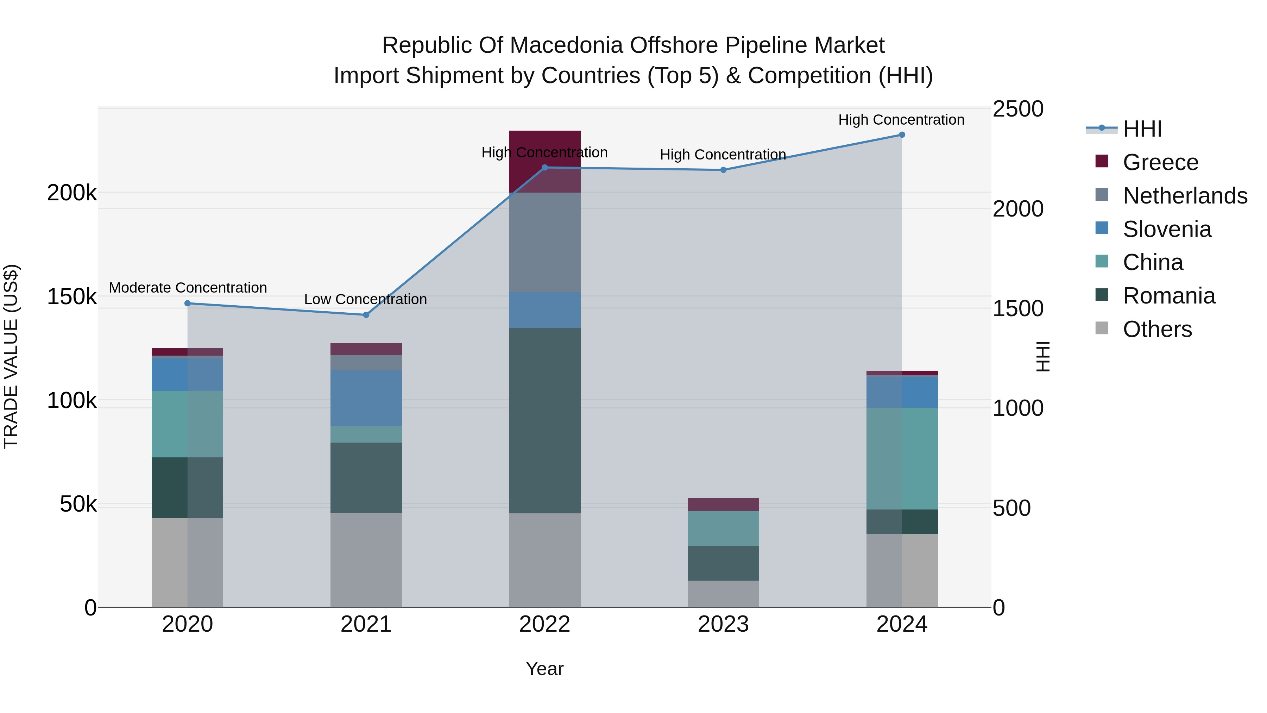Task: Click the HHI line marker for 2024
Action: click(x=902, y=135)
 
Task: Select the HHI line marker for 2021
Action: click(x=366, y=315)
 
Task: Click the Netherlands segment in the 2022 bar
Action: click(x=544, y=242)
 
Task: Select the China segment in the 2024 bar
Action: click(x=902, y=458)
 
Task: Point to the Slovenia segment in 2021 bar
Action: click(x=366, y=398)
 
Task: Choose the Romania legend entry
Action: click(x=1168, y=296)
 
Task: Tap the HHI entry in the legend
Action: click(x=1142, y=129)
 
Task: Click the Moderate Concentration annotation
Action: click(x=188, y=288)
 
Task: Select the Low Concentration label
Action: click(x=365, y=299)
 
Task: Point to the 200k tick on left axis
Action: click(x=72, y=193)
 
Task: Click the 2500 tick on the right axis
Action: click(x=1017, y=109)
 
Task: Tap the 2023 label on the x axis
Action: click(x=723, y=624)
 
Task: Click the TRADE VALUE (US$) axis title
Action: click(x=11, y=356)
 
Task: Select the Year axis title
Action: click(x=544, y=669)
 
